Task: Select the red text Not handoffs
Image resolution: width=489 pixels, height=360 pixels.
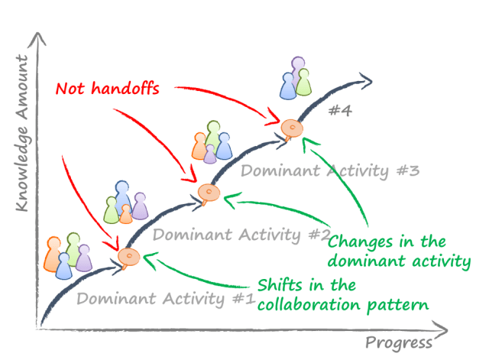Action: click(x=108, y=88)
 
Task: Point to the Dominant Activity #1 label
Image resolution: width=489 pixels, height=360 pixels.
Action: click(x=164, y=299)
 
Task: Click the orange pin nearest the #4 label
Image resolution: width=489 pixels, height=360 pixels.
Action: click(x=289, y=128)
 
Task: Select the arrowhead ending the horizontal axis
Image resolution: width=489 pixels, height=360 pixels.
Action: click(x=442, y=330)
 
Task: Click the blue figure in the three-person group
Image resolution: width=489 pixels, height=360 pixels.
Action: click(x=289, y=86)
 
